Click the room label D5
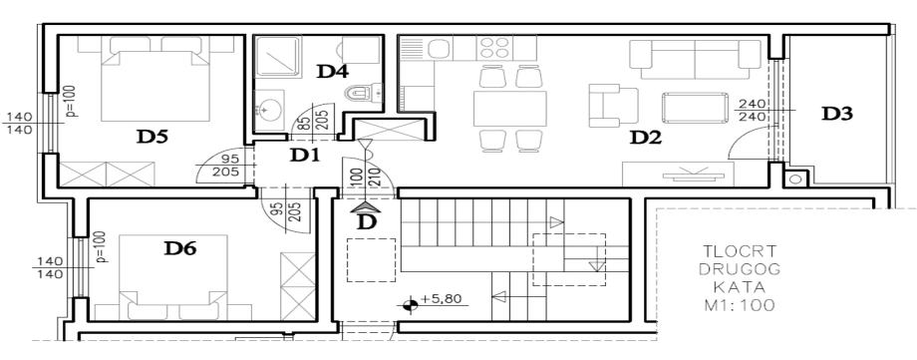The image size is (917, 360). coord(153,137)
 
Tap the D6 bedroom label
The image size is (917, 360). coord(179,248)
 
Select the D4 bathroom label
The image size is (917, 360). coord(333,72)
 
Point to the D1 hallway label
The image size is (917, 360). coord(306,156)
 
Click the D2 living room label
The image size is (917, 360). coord(645,139)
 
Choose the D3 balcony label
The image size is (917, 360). coord(837,114)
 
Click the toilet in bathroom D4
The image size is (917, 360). coord(363,93)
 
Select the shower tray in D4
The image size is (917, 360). coord(278,56)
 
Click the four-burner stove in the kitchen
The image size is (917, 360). coord(494,48)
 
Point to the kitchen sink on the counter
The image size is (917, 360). coord(438,48)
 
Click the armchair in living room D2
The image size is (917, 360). coord(612,106)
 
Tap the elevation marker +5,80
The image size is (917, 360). coord(433,301)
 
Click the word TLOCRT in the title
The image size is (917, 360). coord(740,251)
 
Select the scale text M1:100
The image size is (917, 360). coord(740,305)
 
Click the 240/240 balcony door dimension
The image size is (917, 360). coord(753,110)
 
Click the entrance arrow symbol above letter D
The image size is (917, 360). coord(367,206)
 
